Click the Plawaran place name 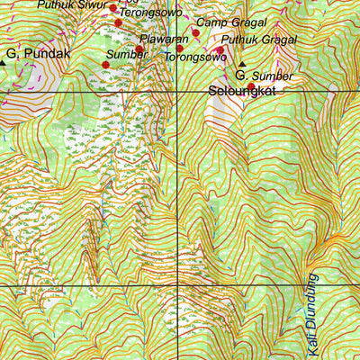coord(165,40)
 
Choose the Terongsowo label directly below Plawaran coord(194,57)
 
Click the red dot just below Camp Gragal coord(195,33)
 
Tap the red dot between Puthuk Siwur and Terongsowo coord(113,8)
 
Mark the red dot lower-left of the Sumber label coord(106,65)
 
